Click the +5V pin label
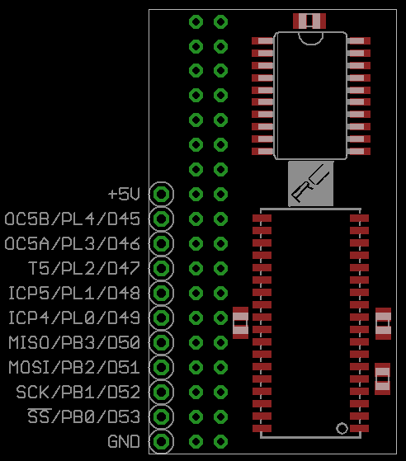tap(124, 195)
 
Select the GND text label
tap(124, 441)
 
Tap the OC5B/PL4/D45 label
tap(73, 219)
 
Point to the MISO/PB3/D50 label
tap(74, 342)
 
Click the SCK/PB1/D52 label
tap(78, 392)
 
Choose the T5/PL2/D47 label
tap(84, 268)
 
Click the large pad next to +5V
tap(162, 195)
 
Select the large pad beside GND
tap(162, 441)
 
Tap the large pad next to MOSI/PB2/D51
tap(162, 367)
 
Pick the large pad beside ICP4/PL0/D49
tap(162, 318)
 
